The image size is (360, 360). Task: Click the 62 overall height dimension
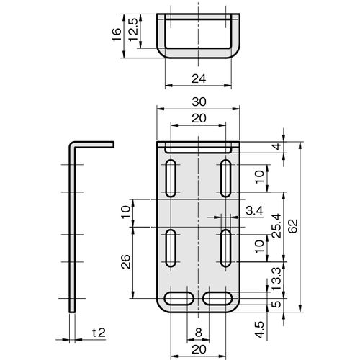coord(293,226)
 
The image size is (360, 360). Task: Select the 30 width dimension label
coord(199,102)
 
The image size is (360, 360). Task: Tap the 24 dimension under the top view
coord(199,78)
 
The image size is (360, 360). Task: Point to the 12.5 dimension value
coord(133,30)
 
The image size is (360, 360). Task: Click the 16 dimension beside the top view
coord(117,35)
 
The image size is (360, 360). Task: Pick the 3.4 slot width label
coord(254,211)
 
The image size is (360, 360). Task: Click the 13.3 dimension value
coord(276,279)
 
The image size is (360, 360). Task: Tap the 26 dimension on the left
coord(125,261)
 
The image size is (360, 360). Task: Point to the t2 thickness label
coord(99,333)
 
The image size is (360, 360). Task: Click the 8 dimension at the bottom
coord(198,333)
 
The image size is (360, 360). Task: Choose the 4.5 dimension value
coord(260,330)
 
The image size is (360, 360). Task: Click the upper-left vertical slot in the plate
coord(171,179)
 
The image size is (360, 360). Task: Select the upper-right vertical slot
coord(226,179)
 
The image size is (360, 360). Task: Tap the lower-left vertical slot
coord(171,248)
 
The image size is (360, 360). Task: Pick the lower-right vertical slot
coord(226,248)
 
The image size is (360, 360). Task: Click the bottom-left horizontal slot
coord(179,299)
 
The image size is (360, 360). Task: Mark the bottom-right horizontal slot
coord(217,299)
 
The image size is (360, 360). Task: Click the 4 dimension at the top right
coord(277,146)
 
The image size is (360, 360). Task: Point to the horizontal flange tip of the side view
coord(113,145)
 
